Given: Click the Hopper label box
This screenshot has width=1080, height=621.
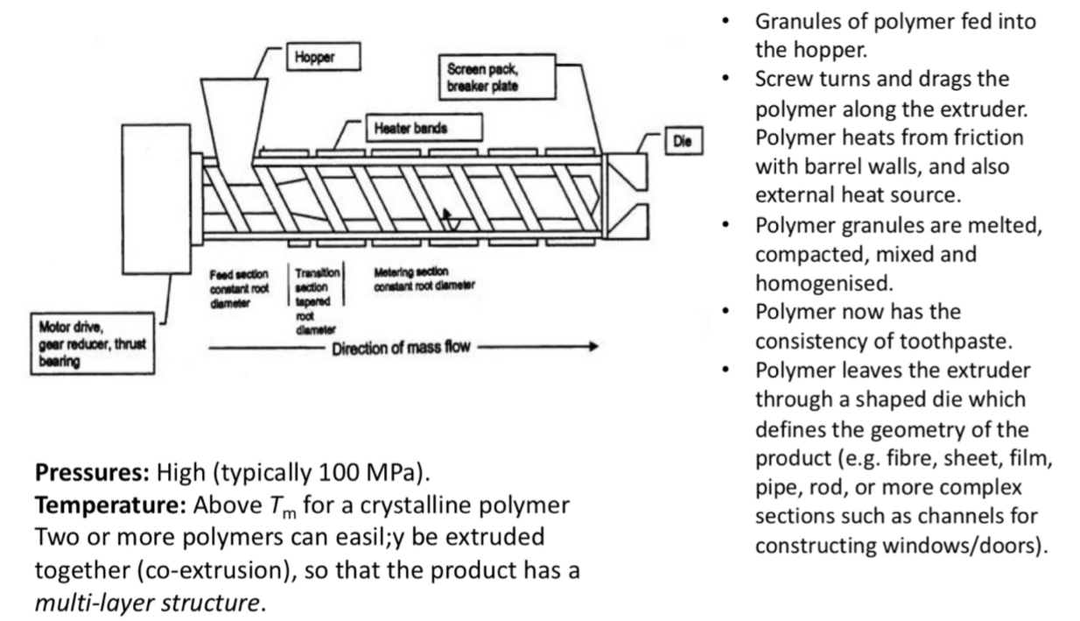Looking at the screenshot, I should pos(323,58).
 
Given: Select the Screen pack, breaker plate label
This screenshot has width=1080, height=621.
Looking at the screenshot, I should pos(498,77).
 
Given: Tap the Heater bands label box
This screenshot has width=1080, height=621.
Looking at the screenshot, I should pos(423,129).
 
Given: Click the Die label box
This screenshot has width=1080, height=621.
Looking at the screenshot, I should pos(679,140).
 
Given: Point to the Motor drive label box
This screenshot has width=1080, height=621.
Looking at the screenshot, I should pos(90,345).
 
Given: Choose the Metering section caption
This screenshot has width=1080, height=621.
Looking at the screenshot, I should pos(424,278).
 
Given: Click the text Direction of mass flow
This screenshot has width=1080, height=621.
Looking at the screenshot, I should pos(401,348).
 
